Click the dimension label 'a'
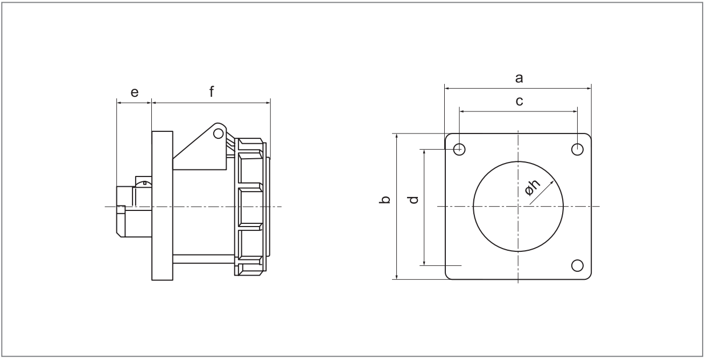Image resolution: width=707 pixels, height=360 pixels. [x=519, y=78]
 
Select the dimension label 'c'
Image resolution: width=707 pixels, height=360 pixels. [x=519, y=101]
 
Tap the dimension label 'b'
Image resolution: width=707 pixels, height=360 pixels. [x=385, y=200]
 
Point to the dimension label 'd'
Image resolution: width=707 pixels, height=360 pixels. [x=412, y=200]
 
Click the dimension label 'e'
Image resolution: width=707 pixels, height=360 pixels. [x=135, y=93]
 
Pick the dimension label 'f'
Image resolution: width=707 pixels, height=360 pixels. [x=212, y=91]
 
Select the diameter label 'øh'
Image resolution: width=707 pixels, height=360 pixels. [x=533, y=188]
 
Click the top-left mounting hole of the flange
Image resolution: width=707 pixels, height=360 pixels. [x=459, y=149]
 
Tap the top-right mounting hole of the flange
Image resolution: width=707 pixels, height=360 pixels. [x=577, y=149]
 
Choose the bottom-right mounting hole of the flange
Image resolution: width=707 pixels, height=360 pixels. [x=577, y=266]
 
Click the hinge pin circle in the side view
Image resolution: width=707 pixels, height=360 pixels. [x=218, y=134]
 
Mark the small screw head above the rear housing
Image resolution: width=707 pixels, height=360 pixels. [x=144, y=182]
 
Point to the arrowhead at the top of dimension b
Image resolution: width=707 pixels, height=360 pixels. [x=396, y=136]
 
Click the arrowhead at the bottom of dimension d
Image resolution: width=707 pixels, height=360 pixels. [x=424, y=263]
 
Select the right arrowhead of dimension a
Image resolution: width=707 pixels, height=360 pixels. [x=589, y=89]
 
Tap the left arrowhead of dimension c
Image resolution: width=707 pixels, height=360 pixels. [x=462, y=111]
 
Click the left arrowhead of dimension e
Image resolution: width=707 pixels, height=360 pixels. [x=120, y=103]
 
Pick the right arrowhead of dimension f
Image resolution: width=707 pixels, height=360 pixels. [x=268, y=103]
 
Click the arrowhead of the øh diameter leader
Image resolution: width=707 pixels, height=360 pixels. [x=552, y=182]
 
